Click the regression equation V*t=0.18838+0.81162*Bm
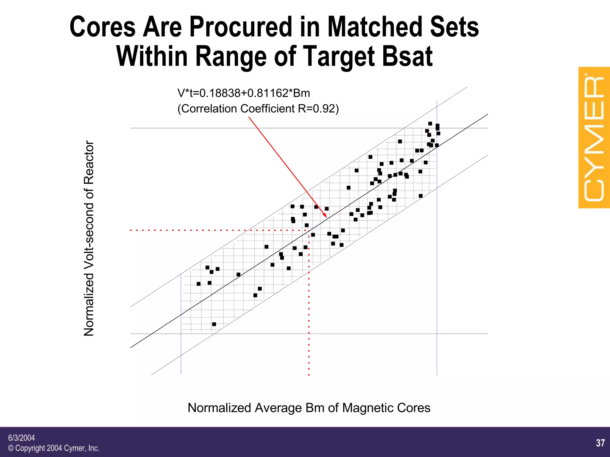pos(244,93)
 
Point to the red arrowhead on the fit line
pos(325,215)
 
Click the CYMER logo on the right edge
pos(594,138)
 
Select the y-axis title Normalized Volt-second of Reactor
pos(89,238)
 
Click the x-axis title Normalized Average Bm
pos(309,408)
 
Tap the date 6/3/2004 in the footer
pos(21,438)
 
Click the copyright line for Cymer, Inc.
pos(54,448)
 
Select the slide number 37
pos(600,443)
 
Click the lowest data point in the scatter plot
pos(214,324)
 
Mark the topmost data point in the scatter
pos(430,123)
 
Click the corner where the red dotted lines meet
pos(309,230)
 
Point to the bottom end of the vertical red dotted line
pos(309,374)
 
